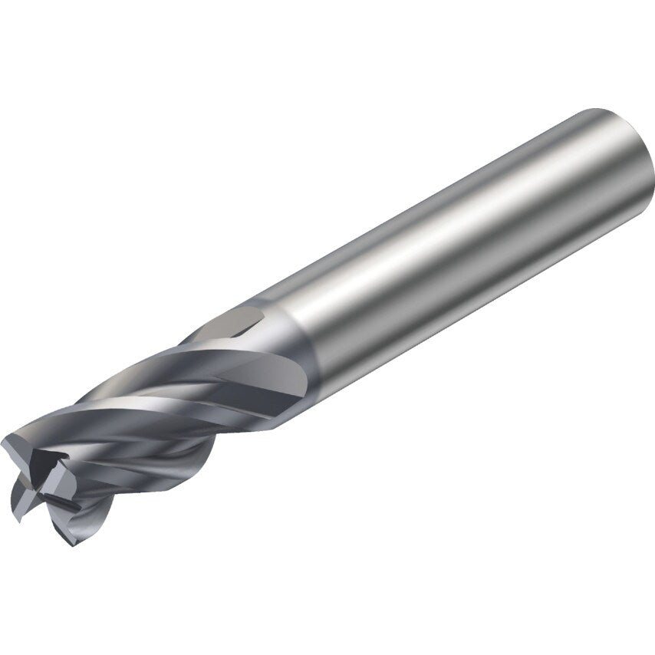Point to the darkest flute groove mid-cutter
coord(153,430)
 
